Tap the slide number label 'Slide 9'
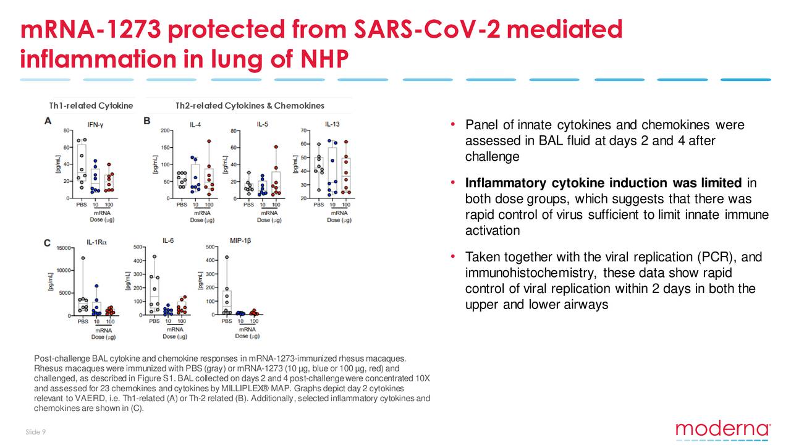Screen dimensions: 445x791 (35, 431)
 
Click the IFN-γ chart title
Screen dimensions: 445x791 (95, 124)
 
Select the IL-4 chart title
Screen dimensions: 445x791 (195, 124)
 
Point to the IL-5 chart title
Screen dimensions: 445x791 (262, 124)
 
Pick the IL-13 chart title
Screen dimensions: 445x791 (332, 124)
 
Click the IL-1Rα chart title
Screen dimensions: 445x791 (95, 243)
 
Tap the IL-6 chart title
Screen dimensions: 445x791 (167, 240)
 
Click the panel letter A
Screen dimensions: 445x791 (48, 121)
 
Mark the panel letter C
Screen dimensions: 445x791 (48, 243)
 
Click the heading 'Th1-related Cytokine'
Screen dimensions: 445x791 (91, 106)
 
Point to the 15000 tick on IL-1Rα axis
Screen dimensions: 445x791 (62, 248)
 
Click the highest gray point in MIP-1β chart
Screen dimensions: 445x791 (227, 257)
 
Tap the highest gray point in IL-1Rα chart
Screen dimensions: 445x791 (83, 258)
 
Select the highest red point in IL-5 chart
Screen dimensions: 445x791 (276, 147)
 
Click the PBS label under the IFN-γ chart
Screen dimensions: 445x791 (82, 205)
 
